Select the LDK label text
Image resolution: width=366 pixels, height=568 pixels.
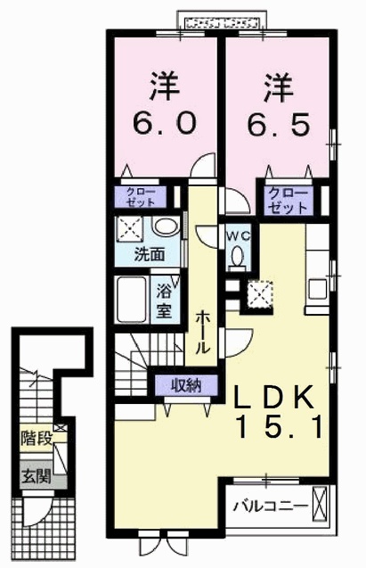272,396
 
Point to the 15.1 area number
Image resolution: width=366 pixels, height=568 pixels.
279,427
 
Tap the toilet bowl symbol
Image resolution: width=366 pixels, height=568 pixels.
236,258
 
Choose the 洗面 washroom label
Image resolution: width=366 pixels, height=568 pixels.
149,254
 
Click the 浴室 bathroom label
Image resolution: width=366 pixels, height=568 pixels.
165,300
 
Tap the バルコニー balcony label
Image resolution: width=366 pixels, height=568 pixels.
270,506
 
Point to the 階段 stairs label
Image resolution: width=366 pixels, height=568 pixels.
33,438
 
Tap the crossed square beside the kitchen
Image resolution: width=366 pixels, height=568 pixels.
261,292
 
